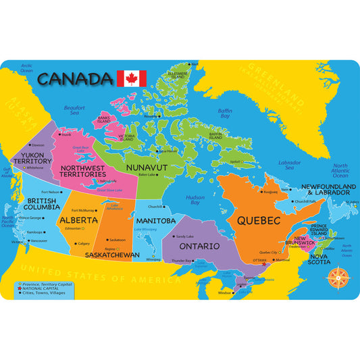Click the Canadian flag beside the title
click(x=132, y=78)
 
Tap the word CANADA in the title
click(x=75, y=78)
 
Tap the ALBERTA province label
click(x=78, y=220)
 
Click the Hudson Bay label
click(x=195, y=200)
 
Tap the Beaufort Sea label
click(x=74, y=110)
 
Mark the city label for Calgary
click(x=84, y=243)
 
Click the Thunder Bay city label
click(x=182, y=260)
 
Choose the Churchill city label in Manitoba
click(x=155, y=206)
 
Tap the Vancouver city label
click(x=40, y=240)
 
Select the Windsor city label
click(x=225, y=293)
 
